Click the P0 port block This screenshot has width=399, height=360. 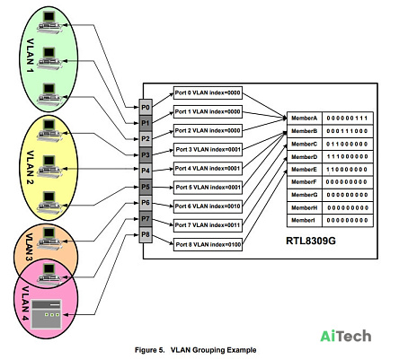(146, 107)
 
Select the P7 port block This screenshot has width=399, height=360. (146, 219)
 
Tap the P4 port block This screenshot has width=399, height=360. (146, 171)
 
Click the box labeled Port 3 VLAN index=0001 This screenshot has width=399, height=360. (208, 149)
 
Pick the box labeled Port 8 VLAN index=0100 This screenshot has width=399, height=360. (208, 244)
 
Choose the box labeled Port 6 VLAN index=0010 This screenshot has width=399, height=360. (208, 206)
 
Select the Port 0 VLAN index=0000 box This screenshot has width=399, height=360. (208, 93)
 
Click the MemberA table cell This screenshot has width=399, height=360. (305, 119)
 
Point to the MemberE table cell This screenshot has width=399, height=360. (305, 170)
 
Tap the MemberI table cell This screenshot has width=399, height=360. (305, 220)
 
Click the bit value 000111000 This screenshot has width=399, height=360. (347, 131)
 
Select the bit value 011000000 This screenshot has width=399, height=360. (347, 144)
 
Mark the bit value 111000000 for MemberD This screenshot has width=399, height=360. (347, 156)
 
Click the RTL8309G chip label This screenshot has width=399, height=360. (311, 241)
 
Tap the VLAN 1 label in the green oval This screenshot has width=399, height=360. (30, 56)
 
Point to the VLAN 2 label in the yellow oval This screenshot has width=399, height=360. (30, 167)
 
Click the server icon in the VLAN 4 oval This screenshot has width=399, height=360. (47, 314)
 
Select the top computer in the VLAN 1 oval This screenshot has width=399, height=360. (49, 21)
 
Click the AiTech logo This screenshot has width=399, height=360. (346, 336)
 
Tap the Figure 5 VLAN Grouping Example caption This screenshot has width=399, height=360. (196, 350)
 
